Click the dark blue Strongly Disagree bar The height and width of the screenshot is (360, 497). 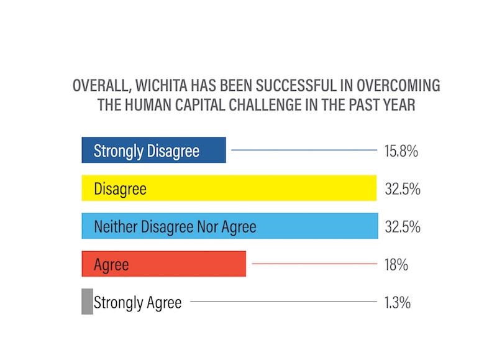tap(153, 150)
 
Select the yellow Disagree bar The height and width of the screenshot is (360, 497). tap(229, 188)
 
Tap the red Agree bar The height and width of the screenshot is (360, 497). tap(163, 264)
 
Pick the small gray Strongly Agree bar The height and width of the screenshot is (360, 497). tap(87, 302)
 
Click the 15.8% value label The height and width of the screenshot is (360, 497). tap(401, 151)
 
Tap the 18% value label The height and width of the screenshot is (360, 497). tap(396, 265)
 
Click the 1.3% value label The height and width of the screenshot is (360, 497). tap(398, 303)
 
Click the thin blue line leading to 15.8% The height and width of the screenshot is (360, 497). tap(304, 150)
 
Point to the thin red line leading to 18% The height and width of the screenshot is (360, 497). tap(314, 264)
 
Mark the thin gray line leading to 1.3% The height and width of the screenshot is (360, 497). tap(283, 302)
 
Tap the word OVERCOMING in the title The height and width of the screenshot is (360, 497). tap(385, 86)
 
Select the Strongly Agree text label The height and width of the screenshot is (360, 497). tap(137, 303)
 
